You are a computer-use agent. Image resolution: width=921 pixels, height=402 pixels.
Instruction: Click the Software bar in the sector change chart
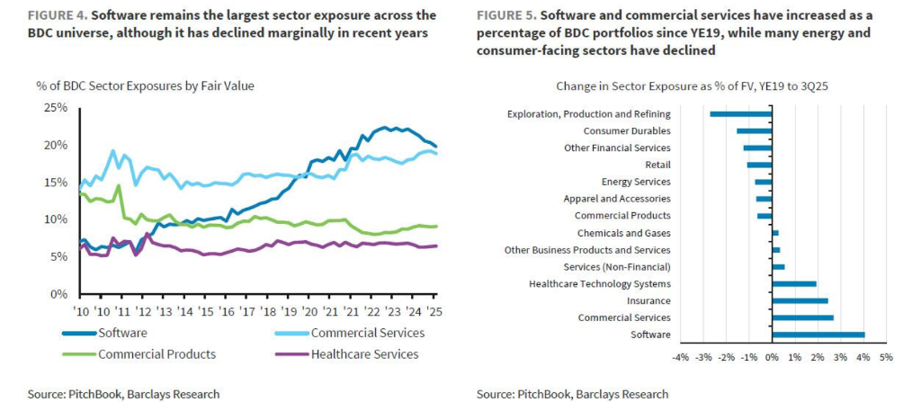818,335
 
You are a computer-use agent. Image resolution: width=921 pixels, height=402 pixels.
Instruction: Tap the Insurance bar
800,300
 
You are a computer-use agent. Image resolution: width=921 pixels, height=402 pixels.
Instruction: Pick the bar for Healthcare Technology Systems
793,283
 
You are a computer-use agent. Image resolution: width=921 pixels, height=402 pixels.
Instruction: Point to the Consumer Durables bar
754,131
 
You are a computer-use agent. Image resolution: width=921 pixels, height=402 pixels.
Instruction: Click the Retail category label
657,165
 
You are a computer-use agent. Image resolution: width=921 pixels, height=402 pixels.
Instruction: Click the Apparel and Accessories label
616,199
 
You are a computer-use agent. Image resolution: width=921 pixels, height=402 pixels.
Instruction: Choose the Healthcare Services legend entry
364,354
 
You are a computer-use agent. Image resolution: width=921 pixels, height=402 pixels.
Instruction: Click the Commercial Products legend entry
156,354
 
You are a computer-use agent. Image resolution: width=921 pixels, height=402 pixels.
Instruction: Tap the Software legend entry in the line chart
122,333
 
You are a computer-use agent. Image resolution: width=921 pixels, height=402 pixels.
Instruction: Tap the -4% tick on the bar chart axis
680,358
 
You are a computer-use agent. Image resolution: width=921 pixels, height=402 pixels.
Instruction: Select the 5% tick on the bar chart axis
886,358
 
